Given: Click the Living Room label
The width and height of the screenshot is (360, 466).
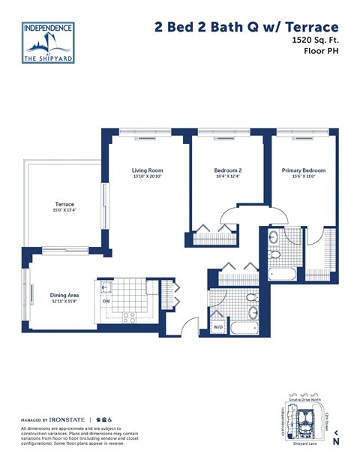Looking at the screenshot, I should coord(147,170).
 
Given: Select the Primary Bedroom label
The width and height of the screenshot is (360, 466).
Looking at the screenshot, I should coord(303,170).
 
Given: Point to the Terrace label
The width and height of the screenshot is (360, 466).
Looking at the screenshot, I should coord(64,204).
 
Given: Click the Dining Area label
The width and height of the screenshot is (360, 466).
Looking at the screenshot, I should coord(64,295).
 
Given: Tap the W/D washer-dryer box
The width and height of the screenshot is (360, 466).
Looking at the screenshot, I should coord(218,327).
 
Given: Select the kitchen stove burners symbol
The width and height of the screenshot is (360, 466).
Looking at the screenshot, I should coord(127,315).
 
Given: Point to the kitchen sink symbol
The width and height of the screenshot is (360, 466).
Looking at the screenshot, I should coord(105,287).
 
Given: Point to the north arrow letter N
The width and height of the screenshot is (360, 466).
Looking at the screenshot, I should coord(336,442).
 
